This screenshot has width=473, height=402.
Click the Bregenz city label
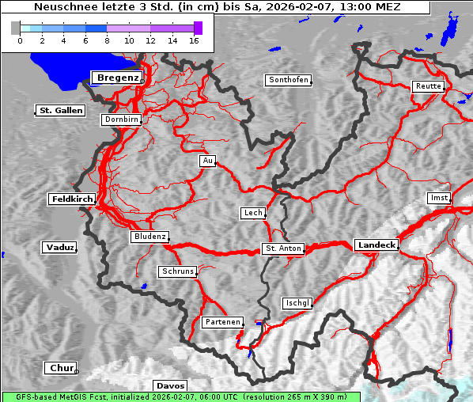tap(117, 77)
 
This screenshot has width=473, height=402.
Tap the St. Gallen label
tap(60, 110)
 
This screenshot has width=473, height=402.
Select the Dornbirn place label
tap(121, 119)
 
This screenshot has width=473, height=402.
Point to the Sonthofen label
tap(288, 80)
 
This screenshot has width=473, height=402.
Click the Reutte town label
tap(427, 86)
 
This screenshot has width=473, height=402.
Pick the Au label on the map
tap(207, 161)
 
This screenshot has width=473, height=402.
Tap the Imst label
tap(437, 197)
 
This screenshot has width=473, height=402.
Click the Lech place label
tap(252, 213)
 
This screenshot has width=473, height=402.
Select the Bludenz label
tap(149, 237)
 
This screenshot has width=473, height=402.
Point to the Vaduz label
tap(59, 248)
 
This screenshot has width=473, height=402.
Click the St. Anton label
tap(282, 248)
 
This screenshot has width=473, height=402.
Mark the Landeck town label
tap(377, 245)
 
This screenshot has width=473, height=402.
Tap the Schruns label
tap(177, 271)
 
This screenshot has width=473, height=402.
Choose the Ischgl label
tap(297, 303)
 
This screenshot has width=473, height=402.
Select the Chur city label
tap(60, 368)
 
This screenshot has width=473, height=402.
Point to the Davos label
tap(170, 385)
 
